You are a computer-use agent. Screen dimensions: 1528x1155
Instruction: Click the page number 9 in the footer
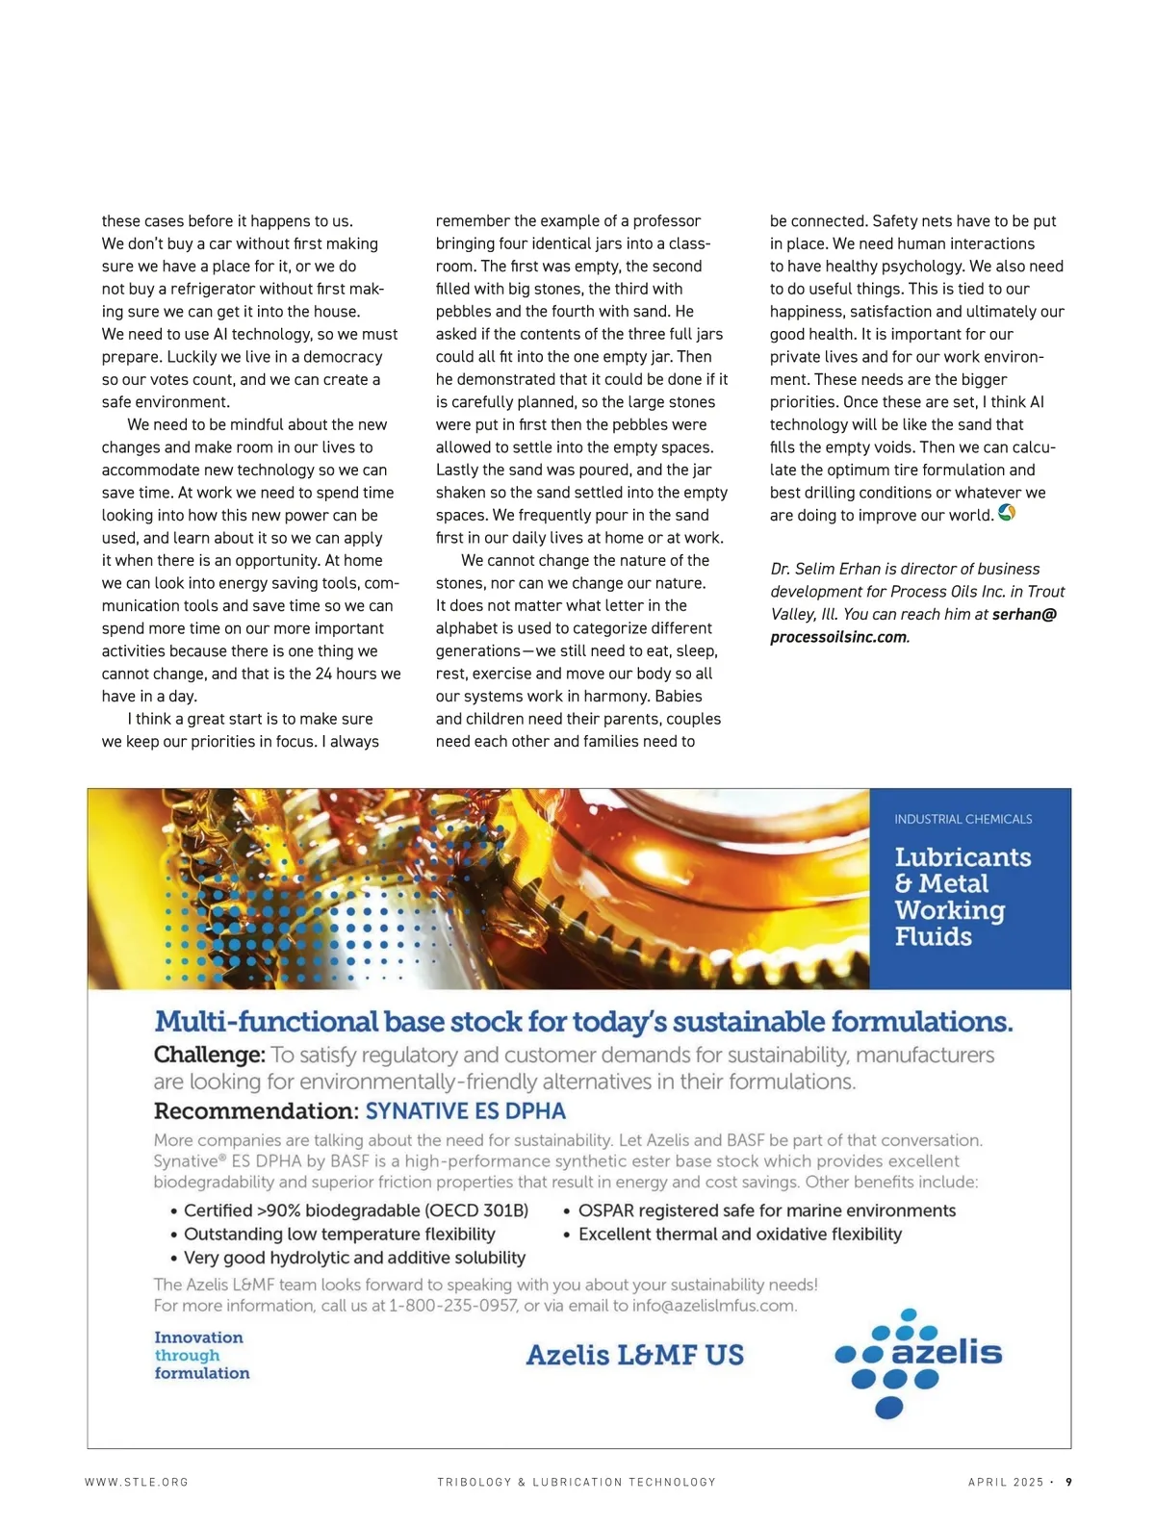(x=1068, y=1482)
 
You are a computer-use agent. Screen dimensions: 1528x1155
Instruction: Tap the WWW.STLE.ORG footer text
(x=137, y=1482)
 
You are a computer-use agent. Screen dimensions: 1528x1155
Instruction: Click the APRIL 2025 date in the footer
(x=1006, y=1482)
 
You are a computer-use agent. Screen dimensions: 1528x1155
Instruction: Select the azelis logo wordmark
(x=946, y=1352)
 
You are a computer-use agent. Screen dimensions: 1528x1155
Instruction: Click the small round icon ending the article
(x=1007, y=513)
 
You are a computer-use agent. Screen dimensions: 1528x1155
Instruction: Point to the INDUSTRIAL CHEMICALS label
(x=962, y=819)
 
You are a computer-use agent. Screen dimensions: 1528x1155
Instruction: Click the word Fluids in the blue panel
(x=933, y=936)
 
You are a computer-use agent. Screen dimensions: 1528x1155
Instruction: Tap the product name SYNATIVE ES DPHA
(x=466, y=1111)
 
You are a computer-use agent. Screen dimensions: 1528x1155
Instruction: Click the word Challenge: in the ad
(x=209, y=1055)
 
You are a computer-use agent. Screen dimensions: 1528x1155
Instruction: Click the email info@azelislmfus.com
(x=714, y=1306)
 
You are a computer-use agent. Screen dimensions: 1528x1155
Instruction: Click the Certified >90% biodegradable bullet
(x=355, y=1210)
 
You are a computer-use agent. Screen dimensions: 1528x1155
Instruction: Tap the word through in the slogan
(x=187, y=1356)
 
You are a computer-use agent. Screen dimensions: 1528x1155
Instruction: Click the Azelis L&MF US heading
(x=634, y=1355)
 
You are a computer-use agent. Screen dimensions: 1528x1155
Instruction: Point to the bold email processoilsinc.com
(x=839, y=637)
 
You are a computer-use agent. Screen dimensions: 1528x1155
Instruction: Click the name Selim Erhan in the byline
(x=843, y=569)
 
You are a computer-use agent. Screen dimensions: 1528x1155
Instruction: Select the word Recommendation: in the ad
(x=256, y=1111)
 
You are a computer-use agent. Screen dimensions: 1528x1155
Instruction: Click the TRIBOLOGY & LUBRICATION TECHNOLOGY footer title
(x=577, y=1482)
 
